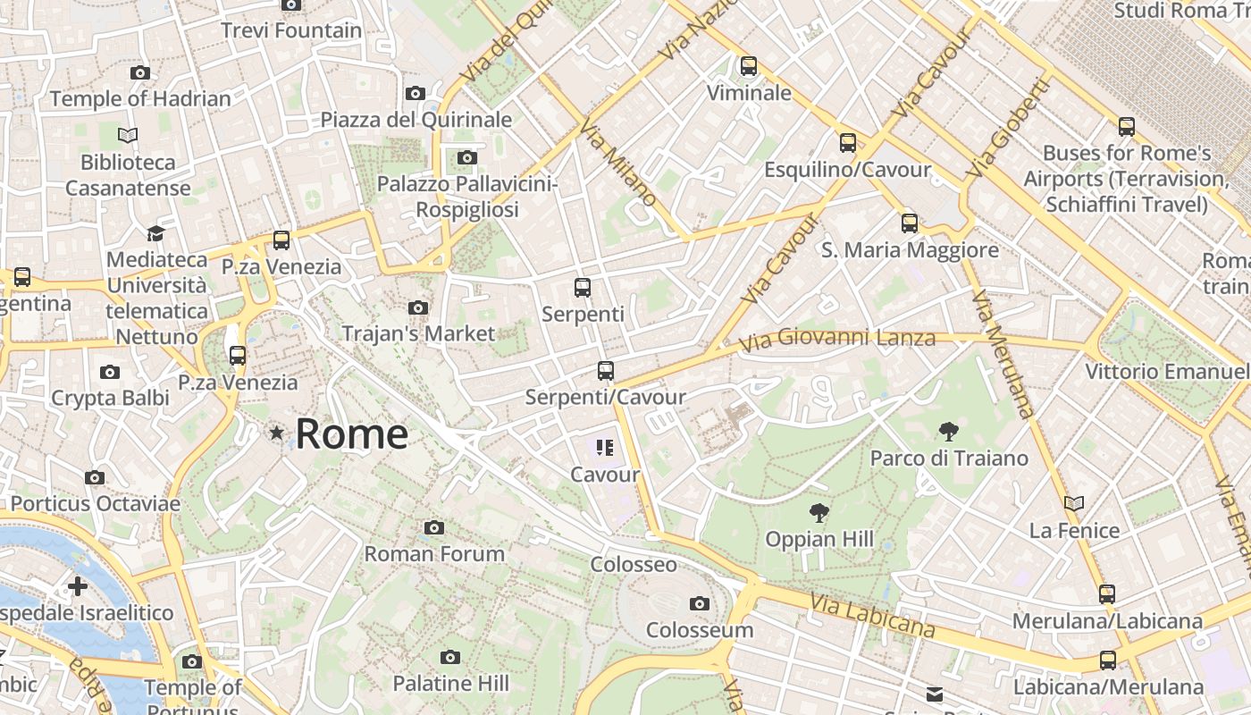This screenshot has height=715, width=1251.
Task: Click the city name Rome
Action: point(351,434)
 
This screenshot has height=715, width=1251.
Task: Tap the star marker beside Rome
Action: point(277,433)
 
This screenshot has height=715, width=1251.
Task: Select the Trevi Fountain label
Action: point(291,30)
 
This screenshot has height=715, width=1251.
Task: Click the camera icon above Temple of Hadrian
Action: point(140,72)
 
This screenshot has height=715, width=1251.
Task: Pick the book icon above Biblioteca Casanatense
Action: point(128,135)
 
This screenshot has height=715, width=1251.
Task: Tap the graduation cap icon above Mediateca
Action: point(155,233)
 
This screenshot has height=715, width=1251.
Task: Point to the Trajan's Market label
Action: point(418,333)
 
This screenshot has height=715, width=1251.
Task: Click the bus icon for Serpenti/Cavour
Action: point(606,370)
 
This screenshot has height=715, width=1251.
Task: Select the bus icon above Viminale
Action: point(749,65)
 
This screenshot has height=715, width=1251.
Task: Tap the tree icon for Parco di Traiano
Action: point(949,433)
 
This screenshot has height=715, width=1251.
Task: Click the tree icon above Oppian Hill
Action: point(819,513)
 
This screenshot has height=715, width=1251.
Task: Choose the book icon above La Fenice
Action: point(1074,504)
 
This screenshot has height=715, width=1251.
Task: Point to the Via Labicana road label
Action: point(873,616)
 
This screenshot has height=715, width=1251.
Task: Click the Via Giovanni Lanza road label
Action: point(837,339)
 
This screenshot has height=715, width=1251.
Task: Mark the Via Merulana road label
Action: point(1003,354)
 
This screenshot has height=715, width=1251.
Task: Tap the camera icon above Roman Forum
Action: point(434,527)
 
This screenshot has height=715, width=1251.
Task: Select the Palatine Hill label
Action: point(450,684)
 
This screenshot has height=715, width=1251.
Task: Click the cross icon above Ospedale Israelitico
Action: point(78,586)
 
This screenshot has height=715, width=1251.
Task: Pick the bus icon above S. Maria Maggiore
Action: point(910,223)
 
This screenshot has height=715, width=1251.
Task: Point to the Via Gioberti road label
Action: point(1006,128)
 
